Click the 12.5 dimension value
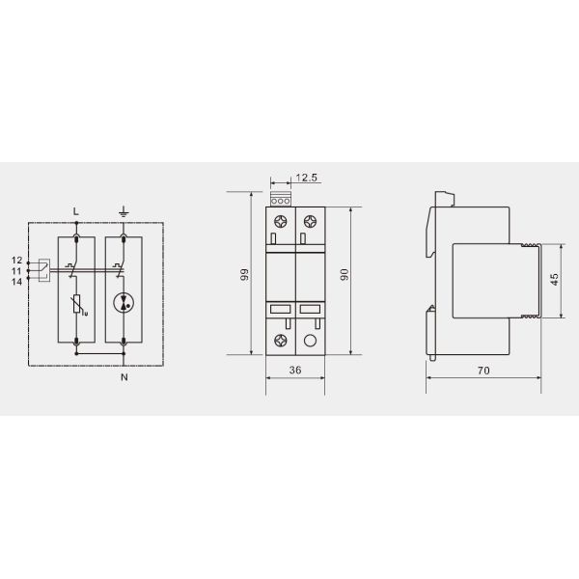point(306,178)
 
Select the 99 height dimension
point(244,275)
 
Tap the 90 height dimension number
point(344,275)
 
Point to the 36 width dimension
point(295,370)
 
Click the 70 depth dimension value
point(483,370)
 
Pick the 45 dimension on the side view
point(554,280)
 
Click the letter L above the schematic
point(75,211)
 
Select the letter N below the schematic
point(124,377)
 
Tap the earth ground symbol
point(124,212)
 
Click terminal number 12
point(16,261)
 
